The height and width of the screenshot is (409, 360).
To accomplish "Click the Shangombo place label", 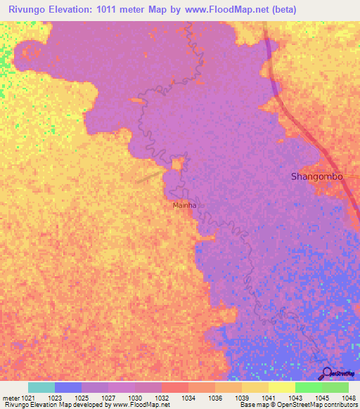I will [317, 177].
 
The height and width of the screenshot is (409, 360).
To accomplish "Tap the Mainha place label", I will [185, 206].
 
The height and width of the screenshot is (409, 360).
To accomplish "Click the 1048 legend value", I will [341, 398].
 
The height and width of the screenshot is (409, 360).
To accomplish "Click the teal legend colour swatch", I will [41, 387].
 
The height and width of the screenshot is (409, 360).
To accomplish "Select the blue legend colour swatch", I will [68, 387].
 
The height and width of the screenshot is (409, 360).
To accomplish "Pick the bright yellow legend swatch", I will [282, 387].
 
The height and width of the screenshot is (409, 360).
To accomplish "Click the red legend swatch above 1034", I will [175, 387].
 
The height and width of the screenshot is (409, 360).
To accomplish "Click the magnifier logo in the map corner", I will [326, 374].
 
